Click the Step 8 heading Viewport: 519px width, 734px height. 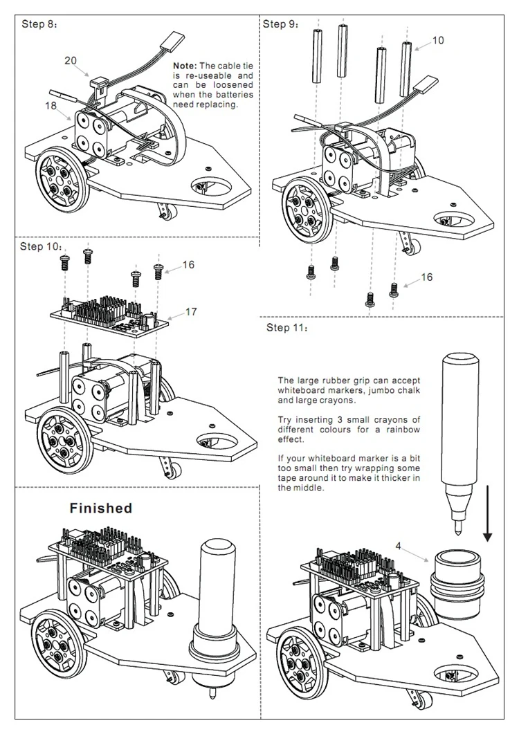(x=39, y=24)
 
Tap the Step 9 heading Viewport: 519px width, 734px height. (x=280, y=24)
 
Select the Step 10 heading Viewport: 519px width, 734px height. (x=40, y=246)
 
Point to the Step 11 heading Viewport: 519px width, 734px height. (x=287, y=327)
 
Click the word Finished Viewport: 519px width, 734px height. (x=101, y=508)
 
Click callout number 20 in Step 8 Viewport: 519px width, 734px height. (x=71, y=60)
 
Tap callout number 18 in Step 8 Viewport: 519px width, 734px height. (x=51, y=105)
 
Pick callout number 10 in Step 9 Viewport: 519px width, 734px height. (x=437, y=40)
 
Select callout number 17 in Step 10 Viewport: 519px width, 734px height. (x=191, y=311)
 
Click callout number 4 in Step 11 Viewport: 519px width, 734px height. (x=398, y=546)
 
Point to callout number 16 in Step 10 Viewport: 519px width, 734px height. (x=188, y=265)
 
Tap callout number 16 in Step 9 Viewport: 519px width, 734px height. (x=426, y=277)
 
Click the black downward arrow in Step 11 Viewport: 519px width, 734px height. (x=487, y=513)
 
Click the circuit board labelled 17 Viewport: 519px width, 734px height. (x=109, y=315)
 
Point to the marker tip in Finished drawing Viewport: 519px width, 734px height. (x=212, y=690)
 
